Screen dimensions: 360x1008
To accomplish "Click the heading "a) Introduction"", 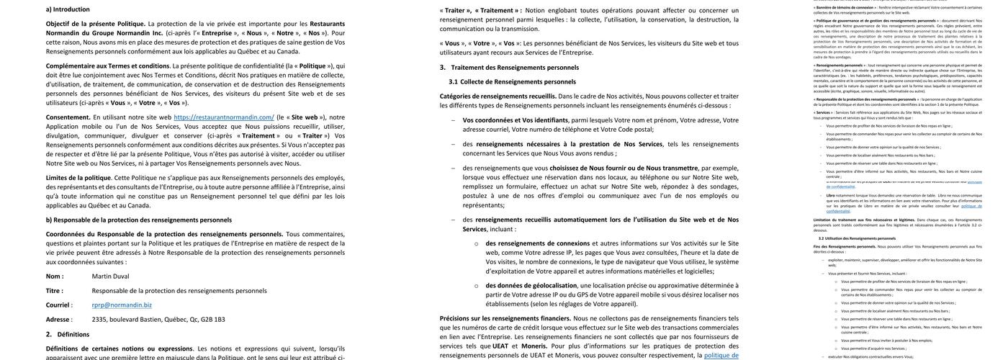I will (x=68, y=9).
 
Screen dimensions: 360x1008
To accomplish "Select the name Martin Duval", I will (x=110, y=276).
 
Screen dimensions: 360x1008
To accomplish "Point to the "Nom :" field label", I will (x=55, y=276).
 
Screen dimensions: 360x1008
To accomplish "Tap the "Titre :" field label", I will (x=55, y=290).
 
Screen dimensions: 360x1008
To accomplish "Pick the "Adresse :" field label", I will (x=58, y=319).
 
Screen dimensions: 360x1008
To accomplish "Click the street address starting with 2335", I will (x=158, y=319).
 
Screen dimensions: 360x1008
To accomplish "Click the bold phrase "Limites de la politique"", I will (x=78, y=177).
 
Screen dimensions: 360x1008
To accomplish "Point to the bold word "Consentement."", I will (x=68, y=117).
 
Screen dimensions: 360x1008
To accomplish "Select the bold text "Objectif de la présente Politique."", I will (x=95, y=23).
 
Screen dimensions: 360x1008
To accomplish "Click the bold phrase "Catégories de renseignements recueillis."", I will (x=498, y=96).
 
